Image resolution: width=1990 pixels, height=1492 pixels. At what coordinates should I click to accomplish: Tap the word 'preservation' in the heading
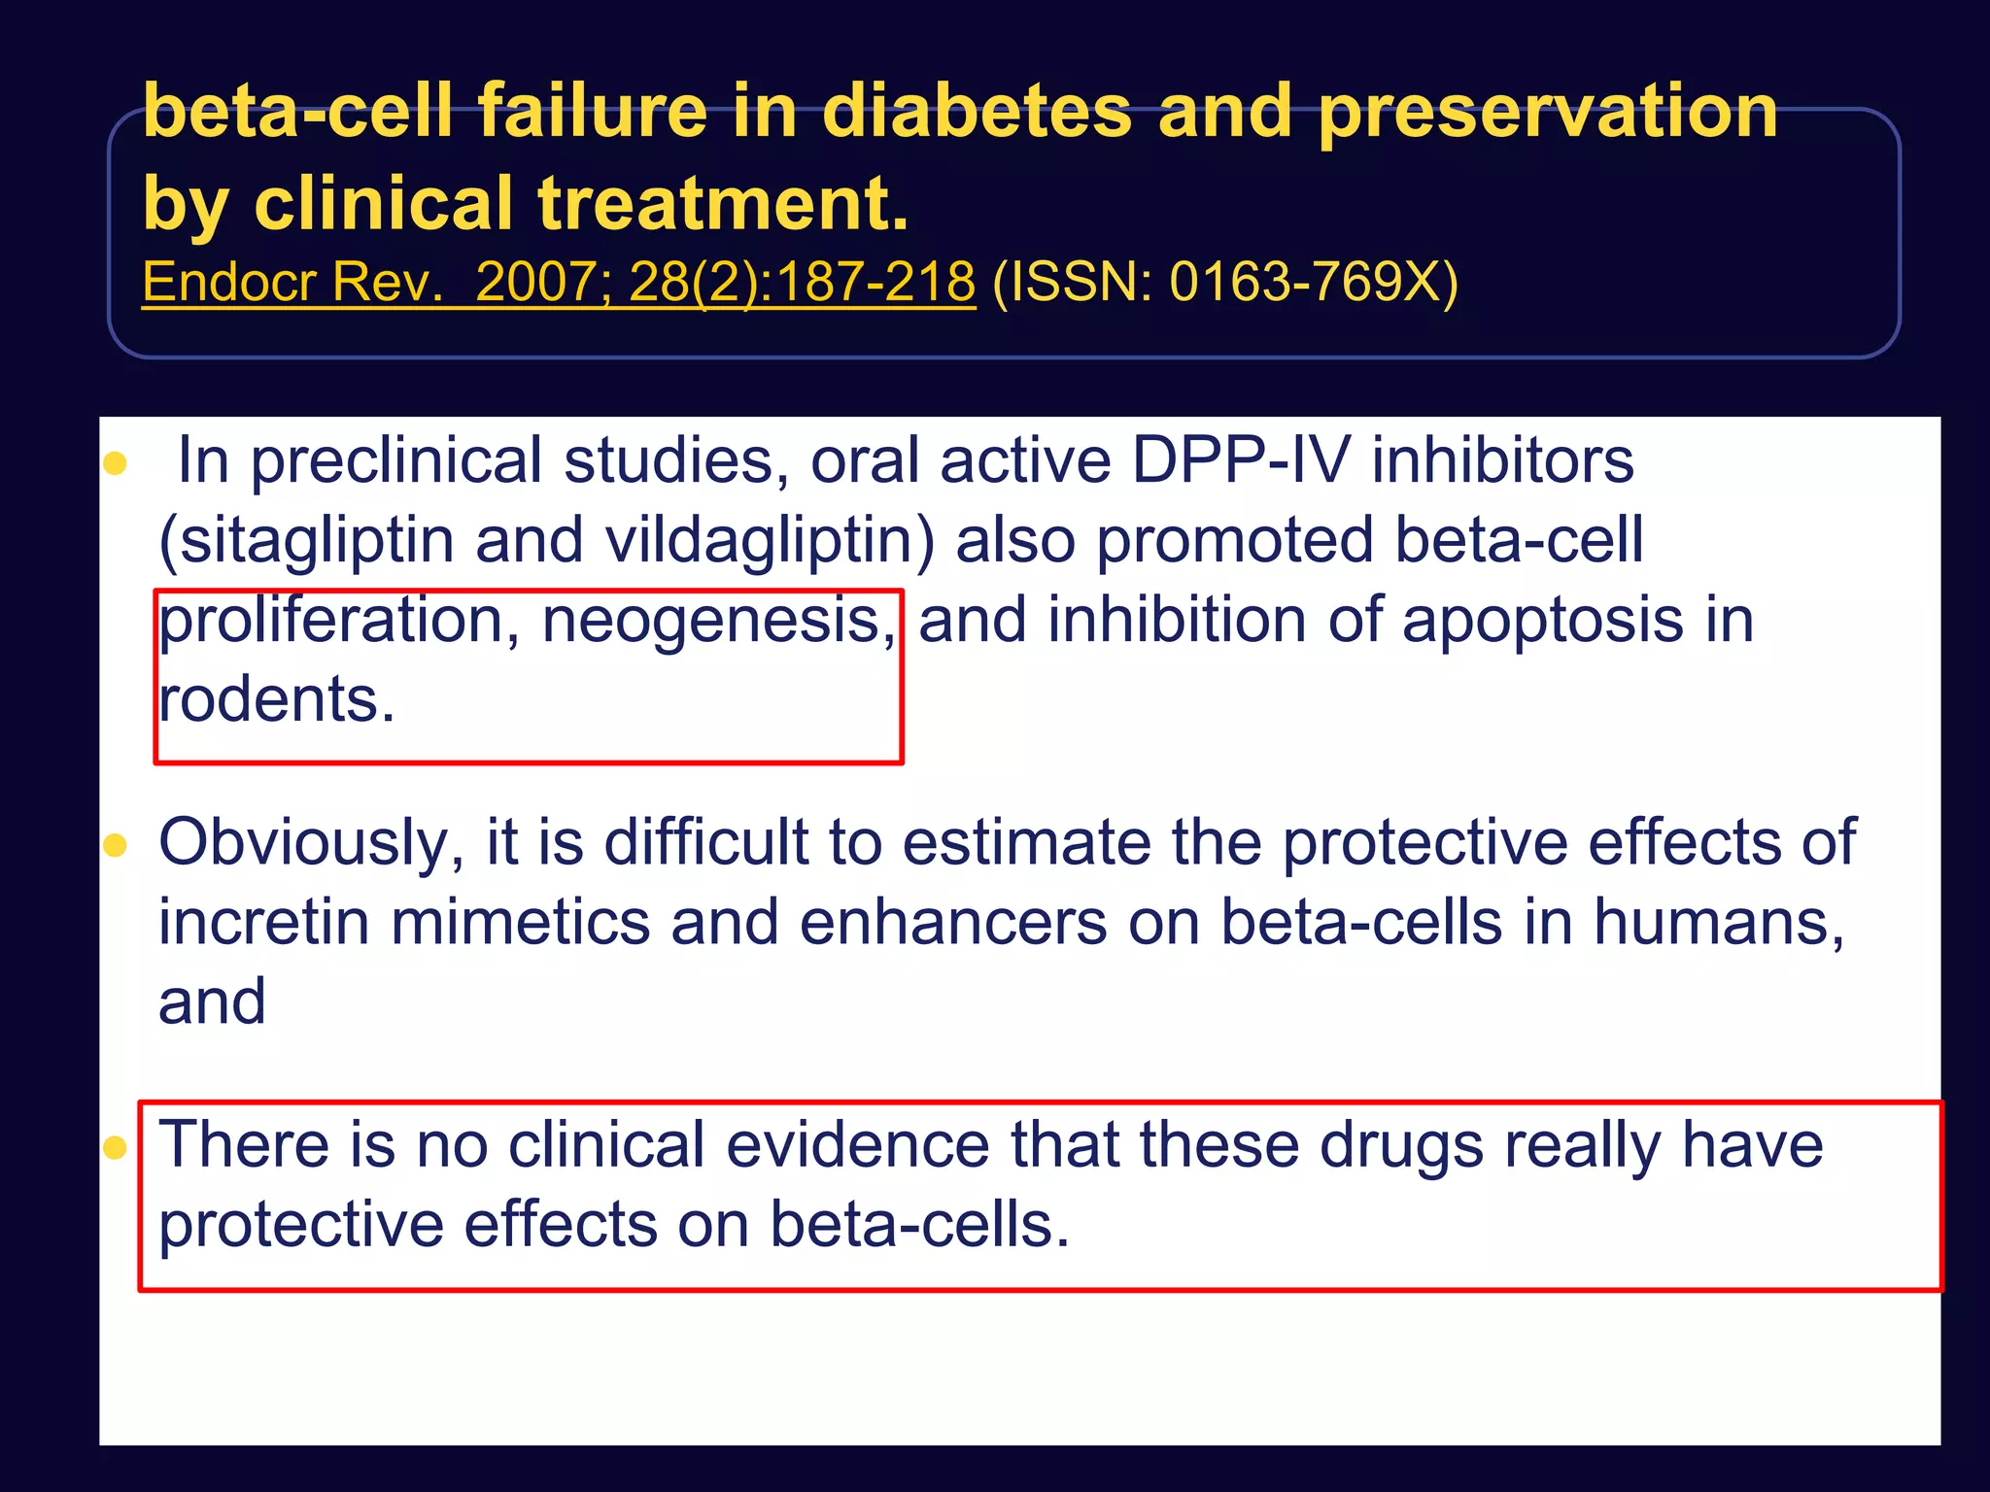pyautogui.click(x=1547, y=113)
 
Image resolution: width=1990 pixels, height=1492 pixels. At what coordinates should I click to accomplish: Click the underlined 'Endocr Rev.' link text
pyautogui.click(x=292, y=283)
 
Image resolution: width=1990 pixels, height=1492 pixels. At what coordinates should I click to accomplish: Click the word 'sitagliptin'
pyautogui.click(x=317, y=541)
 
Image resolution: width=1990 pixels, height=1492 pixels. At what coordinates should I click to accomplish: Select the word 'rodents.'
pyautogui.click(x=277, y=699)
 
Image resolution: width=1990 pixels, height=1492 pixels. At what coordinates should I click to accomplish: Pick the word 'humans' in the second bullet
pyautogui.click(x=1718, y=922)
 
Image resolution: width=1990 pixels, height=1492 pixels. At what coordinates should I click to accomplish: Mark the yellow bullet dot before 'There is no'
pyautogui.click(x=116, y=1148)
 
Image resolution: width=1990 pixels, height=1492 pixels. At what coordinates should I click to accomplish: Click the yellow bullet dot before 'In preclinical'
pyautogui.click(x=116, y=463)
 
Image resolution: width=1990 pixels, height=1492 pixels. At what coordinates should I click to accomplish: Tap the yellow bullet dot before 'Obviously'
pyautogui.click(x=116, y=845)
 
